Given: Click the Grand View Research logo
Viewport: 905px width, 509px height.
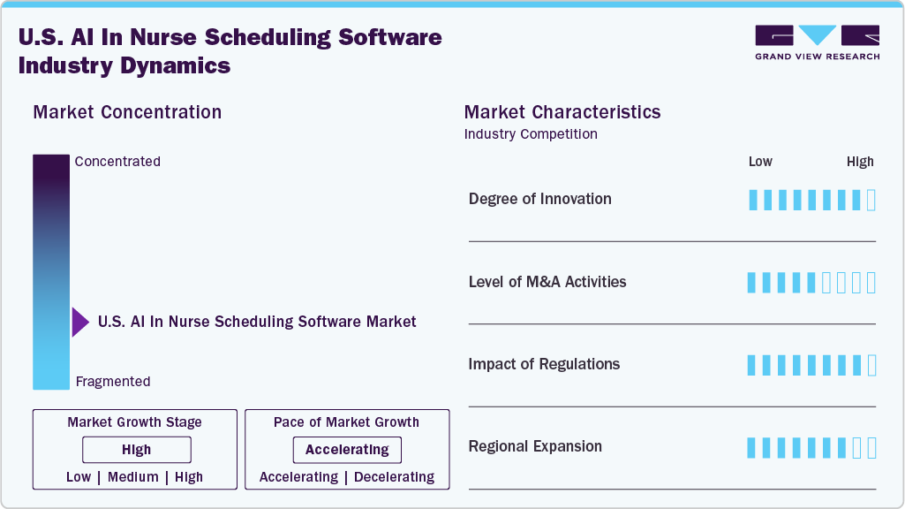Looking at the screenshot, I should click(817, 42).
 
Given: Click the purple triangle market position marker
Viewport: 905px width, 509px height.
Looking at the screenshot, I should click(79, 323).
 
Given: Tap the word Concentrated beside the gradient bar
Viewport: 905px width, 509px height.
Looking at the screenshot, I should click(117, 162).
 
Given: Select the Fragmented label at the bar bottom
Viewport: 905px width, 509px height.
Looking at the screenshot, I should click(113, 382).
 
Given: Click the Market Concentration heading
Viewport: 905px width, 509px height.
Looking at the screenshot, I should click(127, 112).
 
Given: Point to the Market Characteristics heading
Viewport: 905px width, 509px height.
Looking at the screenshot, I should click(562, 112).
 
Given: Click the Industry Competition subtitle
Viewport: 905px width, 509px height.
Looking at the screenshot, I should click(530, 134).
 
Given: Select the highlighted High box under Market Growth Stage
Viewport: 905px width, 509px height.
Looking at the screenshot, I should click(136, 450).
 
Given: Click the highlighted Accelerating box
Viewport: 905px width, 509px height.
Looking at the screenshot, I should click(347, 450).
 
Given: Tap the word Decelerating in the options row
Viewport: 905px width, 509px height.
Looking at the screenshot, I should click(394, 477).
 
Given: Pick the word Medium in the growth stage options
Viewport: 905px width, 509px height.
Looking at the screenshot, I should click(133, 477).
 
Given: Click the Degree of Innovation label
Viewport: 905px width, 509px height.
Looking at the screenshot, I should click(539, 199).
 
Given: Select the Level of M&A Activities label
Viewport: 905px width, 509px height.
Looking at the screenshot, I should click(547, 282).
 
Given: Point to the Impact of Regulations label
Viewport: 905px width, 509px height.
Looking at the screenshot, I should click(544, 364).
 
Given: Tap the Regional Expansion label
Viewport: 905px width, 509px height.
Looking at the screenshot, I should click(535, 446).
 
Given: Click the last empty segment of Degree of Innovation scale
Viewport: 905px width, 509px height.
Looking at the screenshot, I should click(871, 200).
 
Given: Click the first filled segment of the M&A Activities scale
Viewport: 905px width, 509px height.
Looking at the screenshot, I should click(752, 283).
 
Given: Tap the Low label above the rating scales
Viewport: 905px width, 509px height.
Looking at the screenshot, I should click(760, 162).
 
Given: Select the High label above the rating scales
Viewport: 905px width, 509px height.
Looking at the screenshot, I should click(860, 162).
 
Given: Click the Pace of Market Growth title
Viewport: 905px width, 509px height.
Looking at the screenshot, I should click(346, 422).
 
